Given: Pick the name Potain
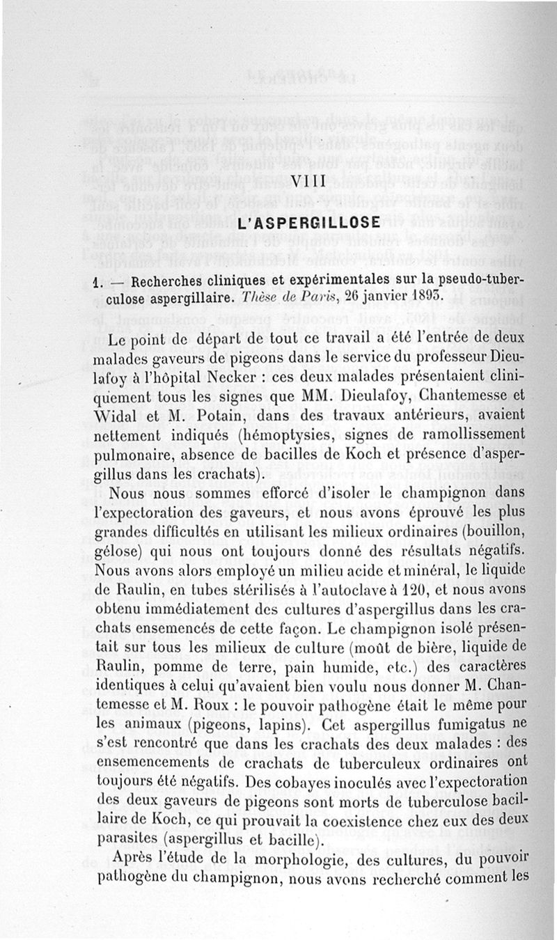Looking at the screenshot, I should (202, 416).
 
